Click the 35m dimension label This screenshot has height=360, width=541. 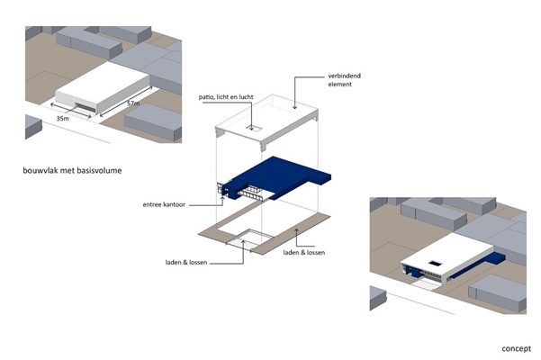click(x=62, y=119)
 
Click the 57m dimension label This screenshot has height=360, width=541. click(x=133, y=103)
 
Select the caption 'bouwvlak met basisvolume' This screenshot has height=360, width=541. click(x=72, y=170)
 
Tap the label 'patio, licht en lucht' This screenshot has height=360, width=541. click(x=226, y=97)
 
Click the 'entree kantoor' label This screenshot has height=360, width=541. click(x=164, y=204)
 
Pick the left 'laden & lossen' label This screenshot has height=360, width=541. click(x=186, y=263)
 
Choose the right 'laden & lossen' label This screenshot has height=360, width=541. click(x=304, y=252)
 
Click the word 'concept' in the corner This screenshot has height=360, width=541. click(x=516, y=348)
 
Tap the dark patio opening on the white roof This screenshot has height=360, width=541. click(x=436, y=264)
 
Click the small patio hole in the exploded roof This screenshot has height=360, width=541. click(x=254, y=129)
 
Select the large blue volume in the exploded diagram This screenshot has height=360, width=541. click(x=276, y=178)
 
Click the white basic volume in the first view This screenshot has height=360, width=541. click(x=103, y=88)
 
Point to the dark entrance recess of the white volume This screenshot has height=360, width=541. click(x=85, y=107)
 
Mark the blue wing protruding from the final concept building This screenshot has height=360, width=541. click(x=478, y=265)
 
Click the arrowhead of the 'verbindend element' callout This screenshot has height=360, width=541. click(x=294, y=108)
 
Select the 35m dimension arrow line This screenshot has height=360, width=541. click(x=71, y=111)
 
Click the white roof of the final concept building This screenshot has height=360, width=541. click(x=447, y=254)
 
